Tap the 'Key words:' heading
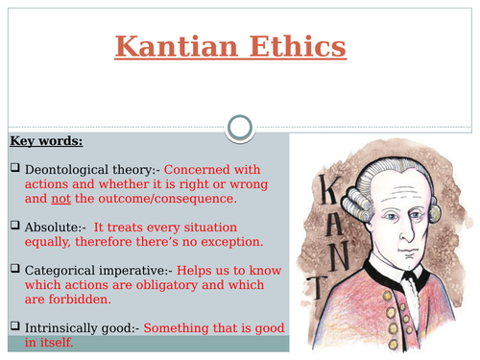pos(46,141)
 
